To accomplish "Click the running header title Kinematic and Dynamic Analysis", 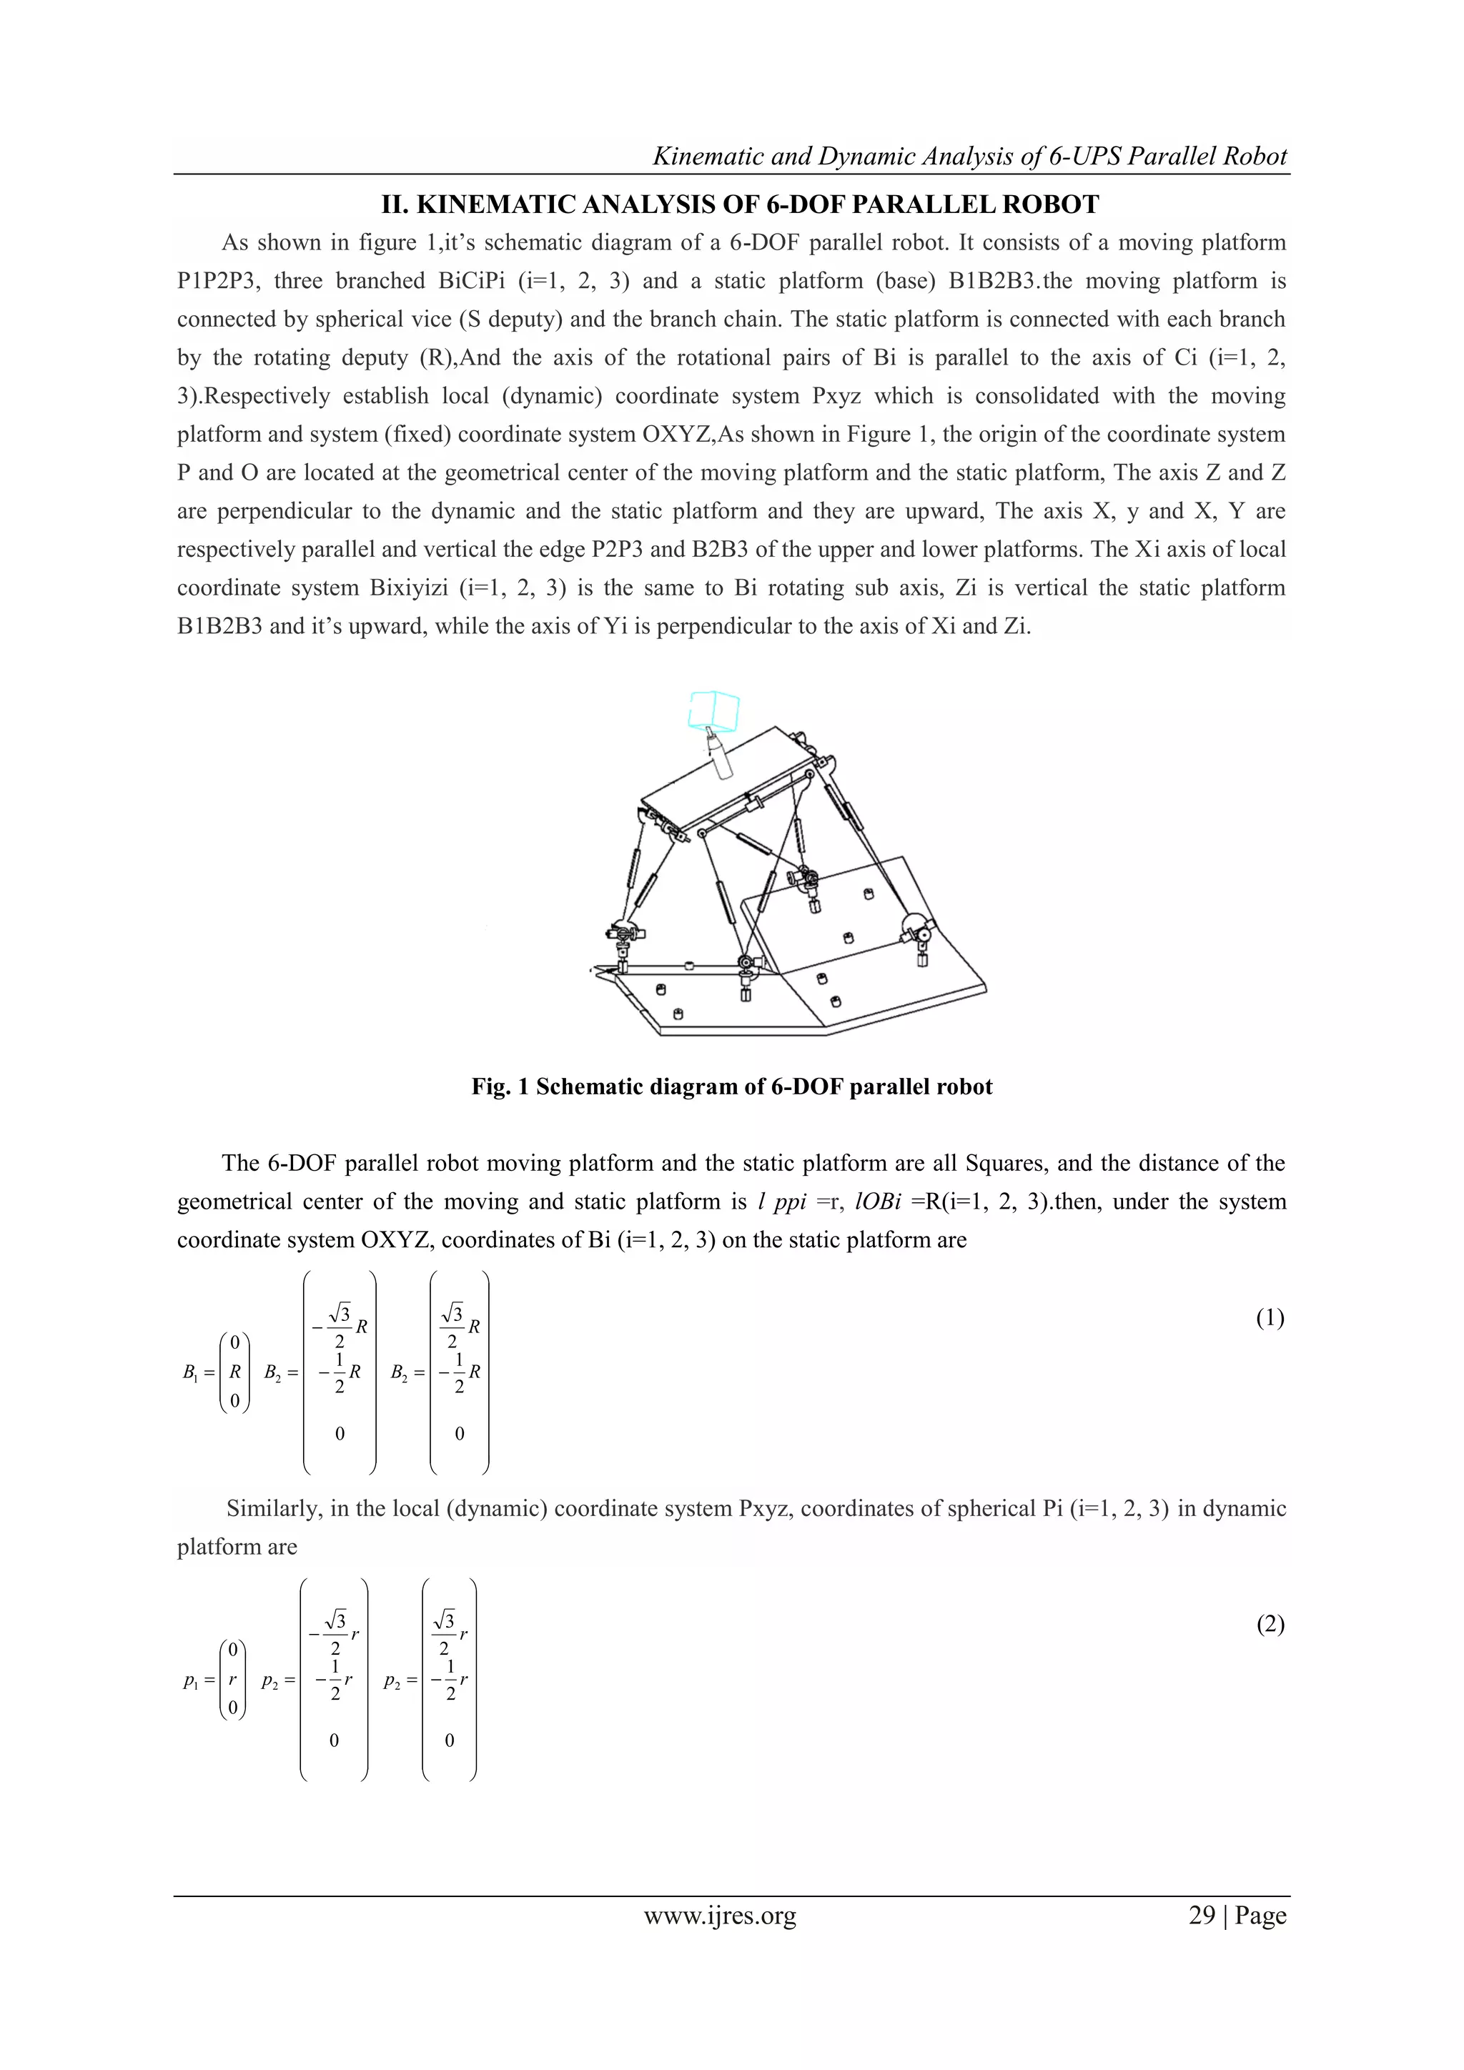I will point(969,156).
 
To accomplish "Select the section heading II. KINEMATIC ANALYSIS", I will point(739,204).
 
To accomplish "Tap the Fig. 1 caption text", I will point(731,1086).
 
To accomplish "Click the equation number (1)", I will point(1270,1318).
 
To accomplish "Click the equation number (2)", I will point(1270,1624).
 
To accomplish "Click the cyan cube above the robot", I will point(714,710).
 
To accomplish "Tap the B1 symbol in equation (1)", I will point(190,1373).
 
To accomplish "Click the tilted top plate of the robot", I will point(721,776).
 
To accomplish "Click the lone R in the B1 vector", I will point(234,1372).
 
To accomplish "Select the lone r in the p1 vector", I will point(232,1680).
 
